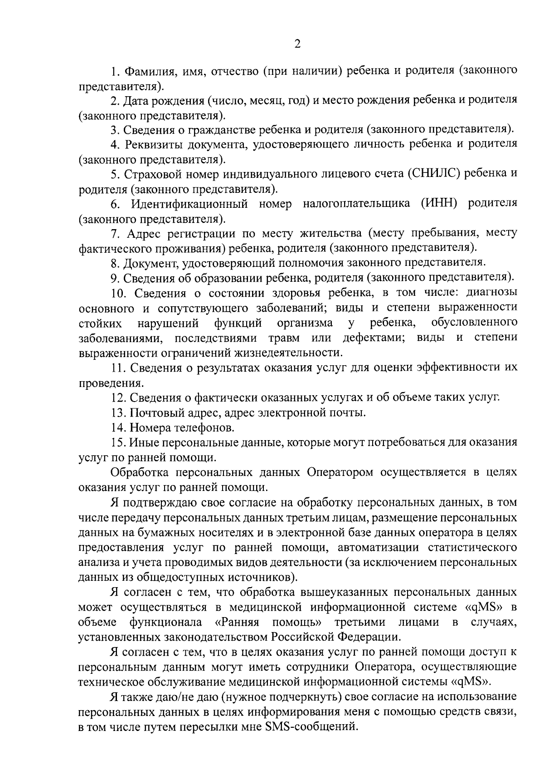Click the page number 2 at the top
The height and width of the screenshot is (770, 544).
[x=297, y=44]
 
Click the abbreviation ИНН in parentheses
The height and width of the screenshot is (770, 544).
[x=439, y=203]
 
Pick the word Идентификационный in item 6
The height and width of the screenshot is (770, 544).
[x=189, y=203]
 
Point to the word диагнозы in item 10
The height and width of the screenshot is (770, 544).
[x=486, y=292]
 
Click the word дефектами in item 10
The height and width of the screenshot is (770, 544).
[x=374, y=338]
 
